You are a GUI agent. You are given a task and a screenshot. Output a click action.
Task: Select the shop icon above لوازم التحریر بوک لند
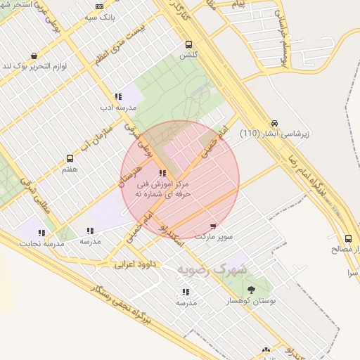coord(34,56)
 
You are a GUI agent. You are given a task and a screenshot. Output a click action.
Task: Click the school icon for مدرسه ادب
coord(118,96)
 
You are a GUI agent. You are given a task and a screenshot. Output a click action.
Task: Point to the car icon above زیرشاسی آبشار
coord(274,122)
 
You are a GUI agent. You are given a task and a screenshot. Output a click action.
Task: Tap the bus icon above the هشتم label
coord(70,158)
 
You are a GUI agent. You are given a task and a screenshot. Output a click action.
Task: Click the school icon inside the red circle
coord(163,173)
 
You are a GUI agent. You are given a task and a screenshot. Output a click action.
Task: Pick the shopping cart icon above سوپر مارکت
coord(213,226)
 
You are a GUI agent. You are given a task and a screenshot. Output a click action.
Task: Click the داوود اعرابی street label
coord(134,264)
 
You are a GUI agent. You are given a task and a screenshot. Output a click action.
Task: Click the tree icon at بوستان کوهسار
coord(251,290)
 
